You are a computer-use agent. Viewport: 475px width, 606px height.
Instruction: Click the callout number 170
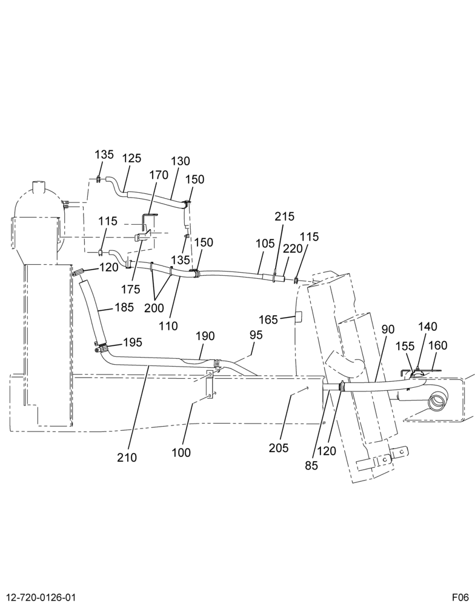tap(159, 175)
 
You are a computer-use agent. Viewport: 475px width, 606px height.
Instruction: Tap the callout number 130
tap(181, 161)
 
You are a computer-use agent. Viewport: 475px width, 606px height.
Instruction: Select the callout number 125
tap(132, 158)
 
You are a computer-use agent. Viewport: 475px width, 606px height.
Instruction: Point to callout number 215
tap(285, 216)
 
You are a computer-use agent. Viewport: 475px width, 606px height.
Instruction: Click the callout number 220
tap(293, 249)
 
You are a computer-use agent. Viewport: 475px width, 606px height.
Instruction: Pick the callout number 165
tap(268, 319)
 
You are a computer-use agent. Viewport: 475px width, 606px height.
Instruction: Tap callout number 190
tap(205, 336)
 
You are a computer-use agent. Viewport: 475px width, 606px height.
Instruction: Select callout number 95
tap(256, 335)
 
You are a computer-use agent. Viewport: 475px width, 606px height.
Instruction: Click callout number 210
tap(127, 457)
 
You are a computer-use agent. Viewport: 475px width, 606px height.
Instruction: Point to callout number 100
tap(181, 453)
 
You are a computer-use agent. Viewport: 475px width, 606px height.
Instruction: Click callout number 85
tap(311, 465)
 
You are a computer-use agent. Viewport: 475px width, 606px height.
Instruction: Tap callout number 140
tap(428, 327)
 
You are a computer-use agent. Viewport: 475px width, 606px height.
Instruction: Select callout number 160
tap(438, 345)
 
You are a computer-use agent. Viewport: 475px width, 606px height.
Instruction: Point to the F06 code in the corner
tap(461, 597)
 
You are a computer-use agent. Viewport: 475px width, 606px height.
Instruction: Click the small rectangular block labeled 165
tap(299, 316)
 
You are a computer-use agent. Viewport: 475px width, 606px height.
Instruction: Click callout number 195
tap(133, 342)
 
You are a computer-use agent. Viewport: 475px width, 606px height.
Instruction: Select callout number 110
tap(168, 326)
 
